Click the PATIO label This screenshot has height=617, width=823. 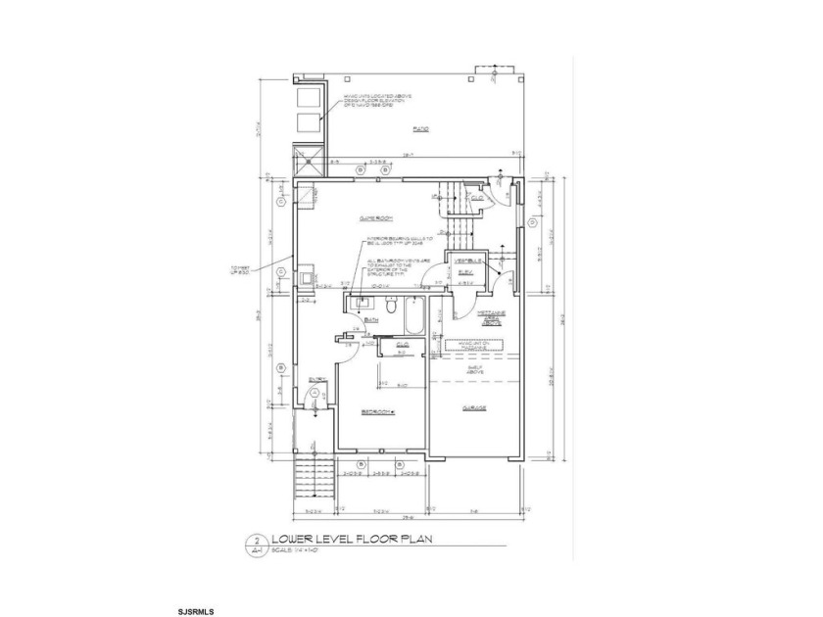tap(422, 129)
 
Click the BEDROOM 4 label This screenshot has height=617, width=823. tap(376, 411)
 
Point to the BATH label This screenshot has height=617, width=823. tap(371, 320)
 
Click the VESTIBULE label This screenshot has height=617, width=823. tap(466, 261)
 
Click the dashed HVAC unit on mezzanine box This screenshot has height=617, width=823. tap(474, 345)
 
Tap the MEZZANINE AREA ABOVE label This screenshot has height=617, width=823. tap(477, 318)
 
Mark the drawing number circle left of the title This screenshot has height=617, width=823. tap(256, 541)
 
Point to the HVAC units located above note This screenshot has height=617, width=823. tap(376, 100)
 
